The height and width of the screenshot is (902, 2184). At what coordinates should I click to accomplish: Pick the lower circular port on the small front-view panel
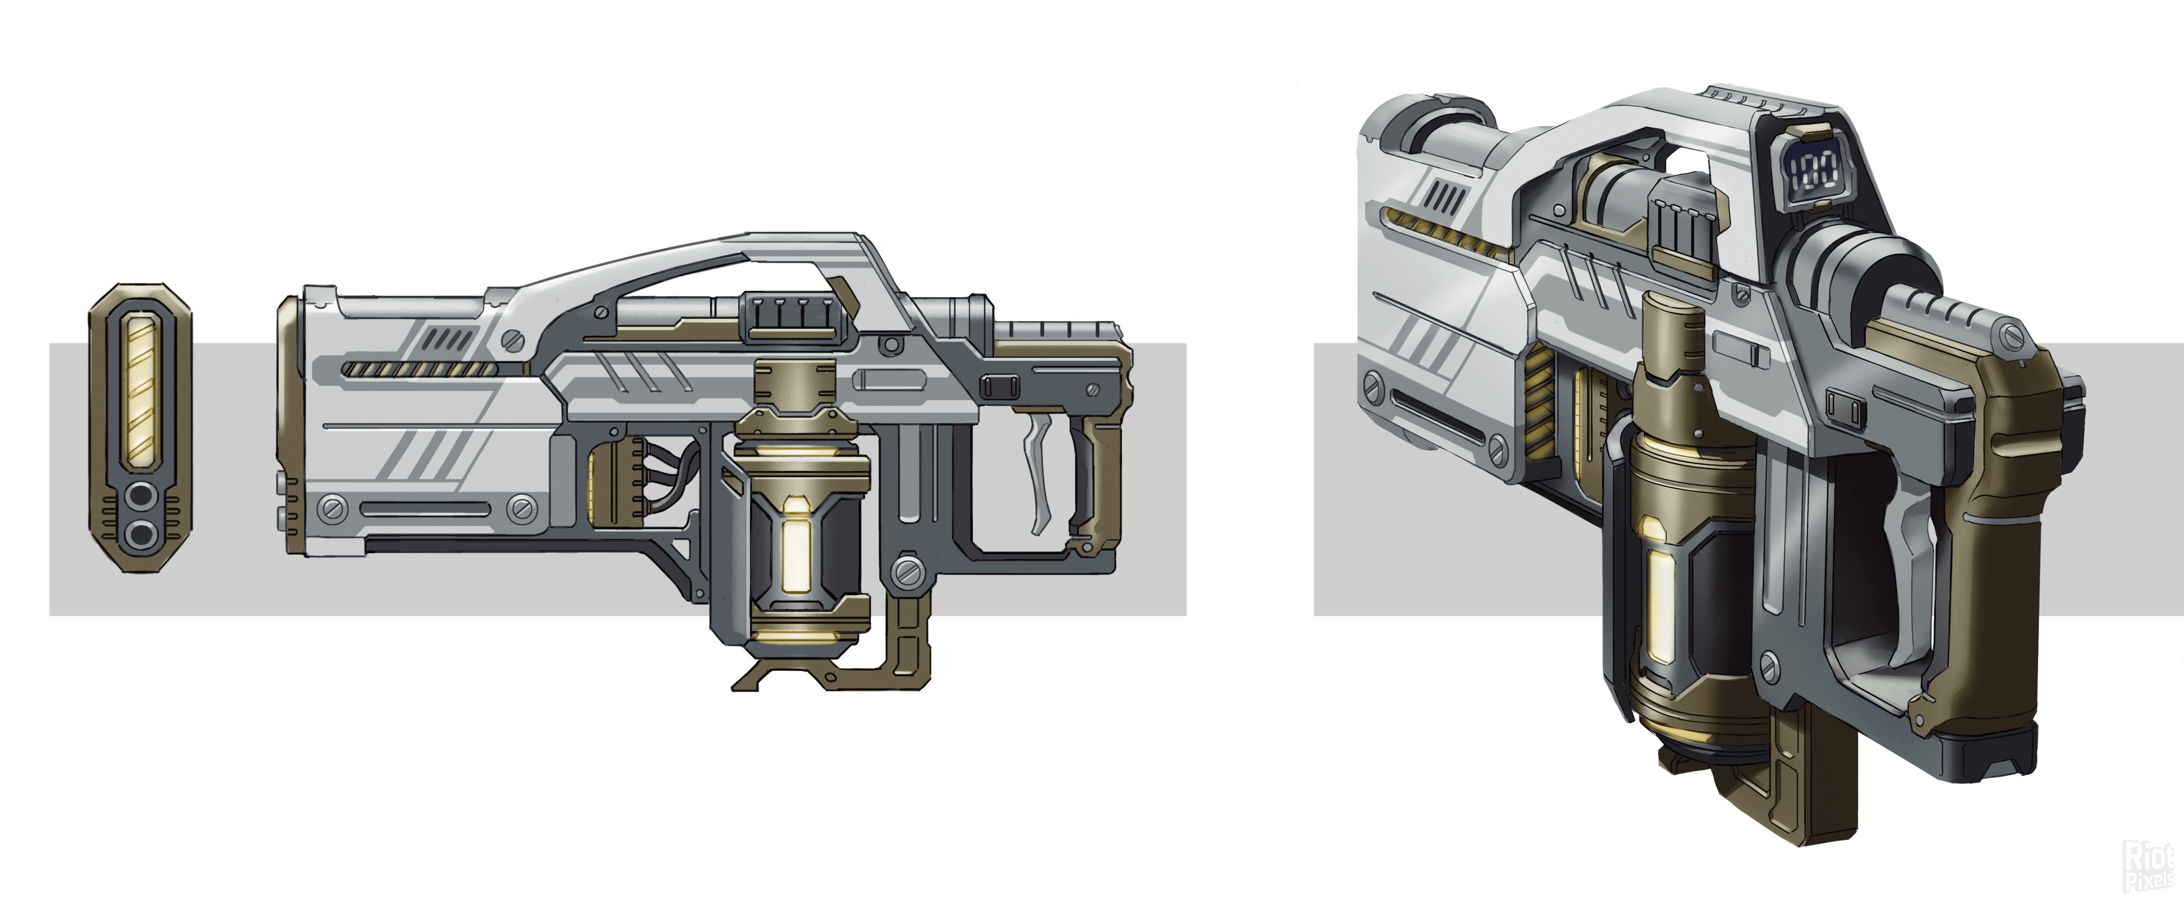tap(141, 533)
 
